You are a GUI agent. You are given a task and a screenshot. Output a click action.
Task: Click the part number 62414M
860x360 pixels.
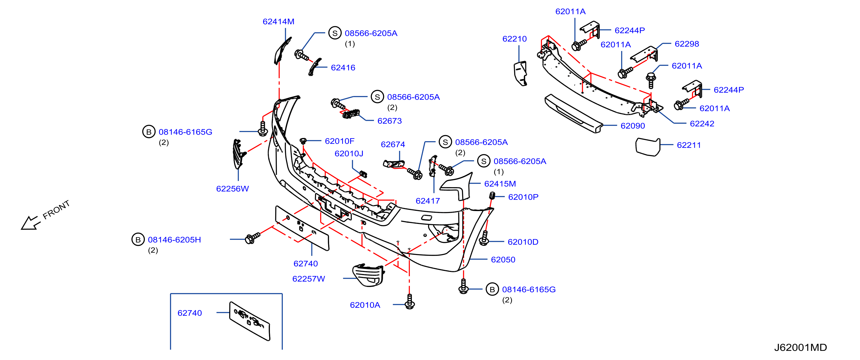pos(278,22)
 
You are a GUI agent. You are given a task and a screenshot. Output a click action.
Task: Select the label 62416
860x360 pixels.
pos(343,68)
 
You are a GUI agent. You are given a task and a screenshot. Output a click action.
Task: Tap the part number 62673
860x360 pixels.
pos(389,121)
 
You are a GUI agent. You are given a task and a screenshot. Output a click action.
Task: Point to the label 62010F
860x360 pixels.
pos(340,141)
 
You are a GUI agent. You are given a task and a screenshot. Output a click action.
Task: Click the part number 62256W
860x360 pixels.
pos(232,189)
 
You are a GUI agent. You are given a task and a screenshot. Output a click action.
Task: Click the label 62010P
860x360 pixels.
pos(523,197)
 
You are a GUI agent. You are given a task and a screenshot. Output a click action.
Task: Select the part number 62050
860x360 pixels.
pos(503,260)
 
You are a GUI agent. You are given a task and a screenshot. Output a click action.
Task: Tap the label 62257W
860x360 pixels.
pos(308,279)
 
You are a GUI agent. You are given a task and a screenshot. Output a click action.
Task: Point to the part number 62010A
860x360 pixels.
pos(365,305)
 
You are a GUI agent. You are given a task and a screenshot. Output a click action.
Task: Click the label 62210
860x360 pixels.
pos(514,39)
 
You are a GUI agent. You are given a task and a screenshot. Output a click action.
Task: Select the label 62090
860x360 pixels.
pos(633,126)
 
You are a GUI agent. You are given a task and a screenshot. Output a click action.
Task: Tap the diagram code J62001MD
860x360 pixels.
pos(801,348)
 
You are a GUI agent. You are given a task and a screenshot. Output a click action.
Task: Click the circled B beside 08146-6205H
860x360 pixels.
pos(138,239)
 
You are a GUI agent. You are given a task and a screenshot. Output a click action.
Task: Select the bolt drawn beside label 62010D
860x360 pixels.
pos(484,238)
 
